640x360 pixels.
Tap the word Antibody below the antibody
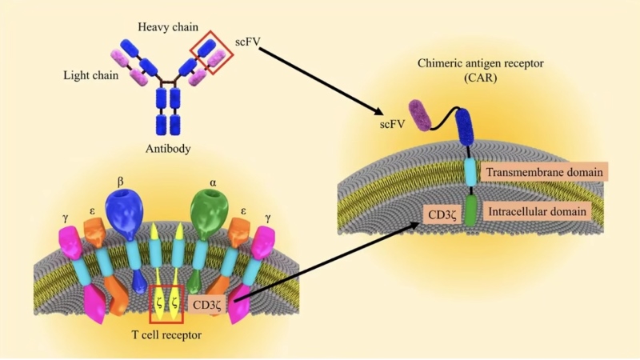(167, 149)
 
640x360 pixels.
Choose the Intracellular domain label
(540, 212)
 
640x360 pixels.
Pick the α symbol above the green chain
(214, 184)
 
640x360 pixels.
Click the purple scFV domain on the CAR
(419, 114)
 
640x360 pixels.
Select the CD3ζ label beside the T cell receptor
(210, 304)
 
